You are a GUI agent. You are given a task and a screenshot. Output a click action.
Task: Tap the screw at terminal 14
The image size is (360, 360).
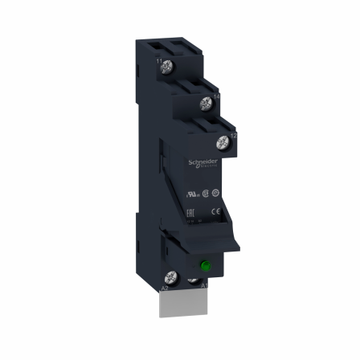[x=205, y=101]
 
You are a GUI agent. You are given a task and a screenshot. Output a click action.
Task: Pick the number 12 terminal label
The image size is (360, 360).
[x=234, y=137]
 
